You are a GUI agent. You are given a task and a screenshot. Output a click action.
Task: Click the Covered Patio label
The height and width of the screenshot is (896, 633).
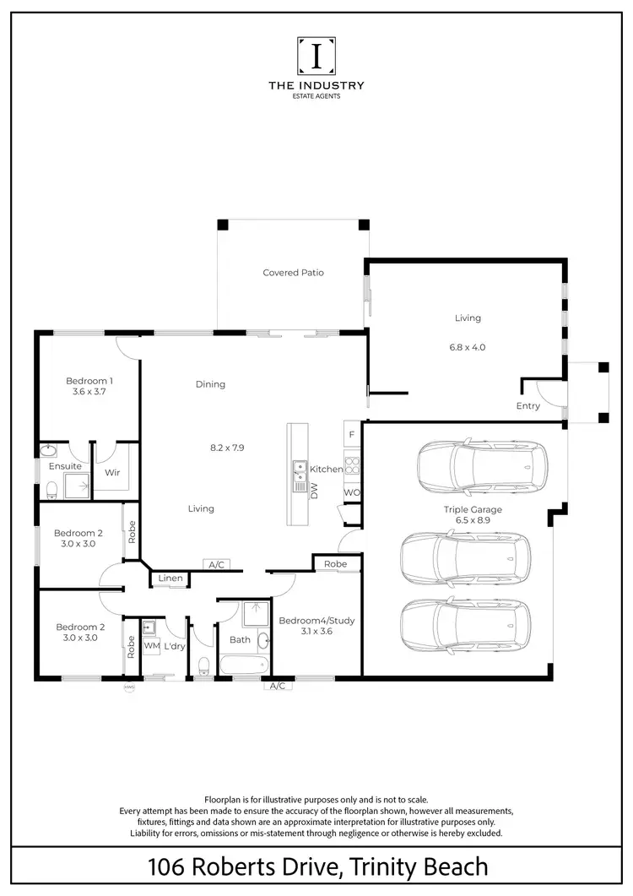point(293,273)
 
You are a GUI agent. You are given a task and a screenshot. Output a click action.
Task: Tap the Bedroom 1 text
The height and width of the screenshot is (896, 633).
point(89,381)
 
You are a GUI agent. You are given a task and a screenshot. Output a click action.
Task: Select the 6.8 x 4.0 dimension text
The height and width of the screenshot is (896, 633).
point(468,346)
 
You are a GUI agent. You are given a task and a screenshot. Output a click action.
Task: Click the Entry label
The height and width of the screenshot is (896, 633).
point(527,406)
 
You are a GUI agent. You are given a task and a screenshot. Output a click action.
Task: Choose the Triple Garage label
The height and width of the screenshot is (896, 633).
point(473,509)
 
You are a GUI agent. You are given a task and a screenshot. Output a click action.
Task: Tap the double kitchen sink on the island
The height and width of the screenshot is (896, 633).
point(300,475)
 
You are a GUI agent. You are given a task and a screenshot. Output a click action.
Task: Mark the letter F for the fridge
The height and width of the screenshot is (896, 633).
point(351,435)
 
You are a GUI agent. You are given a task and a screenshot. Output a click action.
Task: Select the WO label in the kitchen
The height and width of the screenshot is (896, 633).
point(351,492)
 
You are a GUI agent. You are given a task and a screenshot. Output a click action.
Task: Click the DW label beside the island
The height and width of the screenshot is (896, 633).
point(313,491)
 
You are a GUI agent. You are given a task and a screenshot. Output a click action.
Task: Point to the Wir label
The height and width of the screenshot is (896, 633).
point(111,473)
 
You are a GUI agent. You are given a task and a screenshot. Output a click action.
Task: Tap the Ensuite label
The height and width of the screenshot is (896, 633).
point(65,466)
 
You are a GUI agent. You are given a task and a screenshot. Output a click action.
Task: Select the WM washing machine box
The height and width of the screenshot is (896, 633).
point(151,646)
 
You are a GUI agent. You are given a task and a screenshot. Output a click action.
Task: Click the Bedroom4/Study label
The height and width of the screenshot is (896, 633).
point(316,620)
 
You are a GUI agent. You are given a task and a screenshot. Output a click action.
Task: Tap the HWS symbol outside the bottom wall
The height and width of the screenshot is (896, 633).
point(129,687)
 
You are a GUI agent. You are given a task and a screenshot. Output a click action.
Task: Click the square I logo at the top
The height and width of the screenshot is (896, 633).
point(316,56)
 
